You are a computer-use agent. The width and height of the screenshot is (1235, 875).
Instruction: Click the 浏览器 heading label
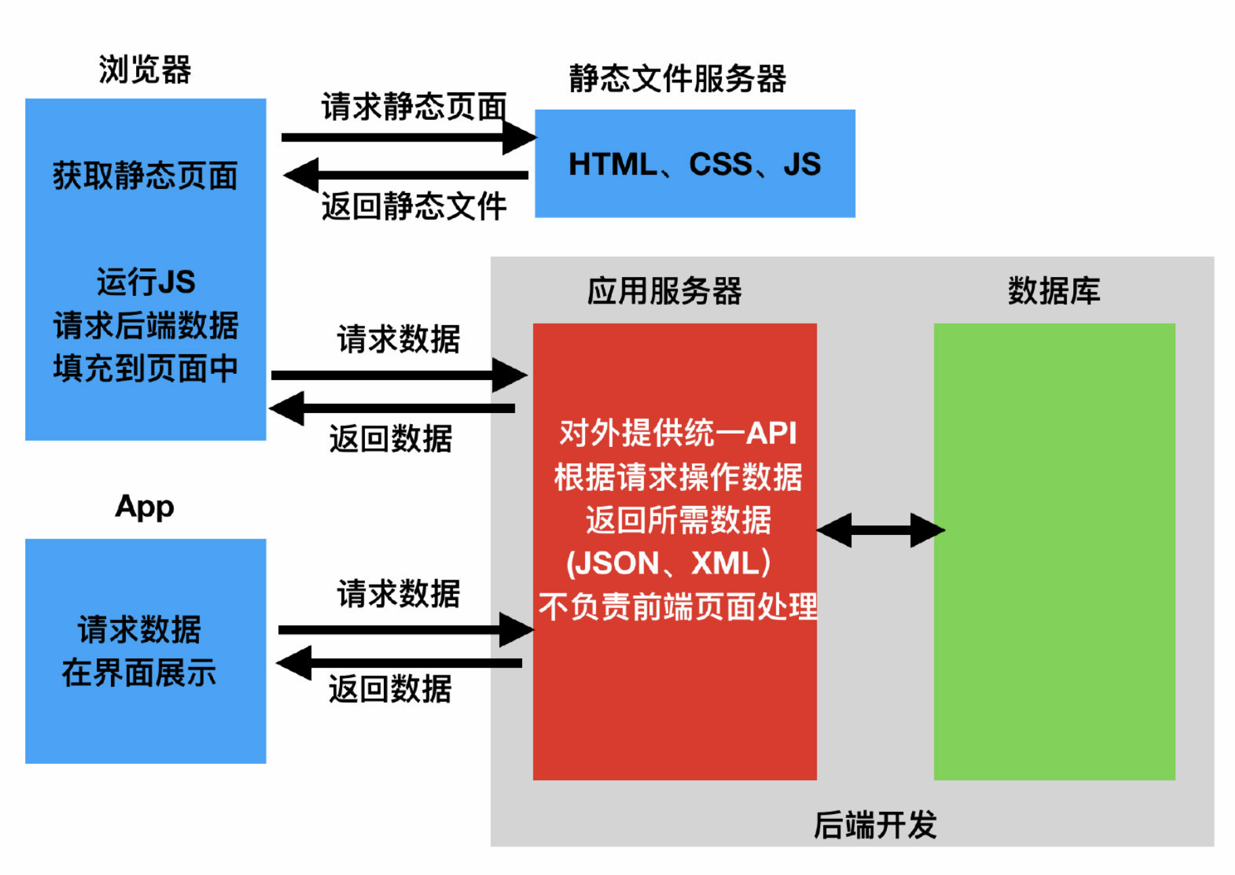click(x=145, y=70)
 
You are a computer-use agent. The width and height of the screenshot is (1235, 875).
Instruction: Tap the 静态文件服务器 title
click(x=677, y=79)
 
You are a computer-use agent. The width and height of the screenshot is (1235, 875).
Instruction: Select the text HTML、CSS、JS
click(x=695, y=164)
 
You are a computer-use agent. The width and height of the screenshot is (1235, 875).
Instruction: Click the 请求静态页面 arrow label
click(x=414, y=107)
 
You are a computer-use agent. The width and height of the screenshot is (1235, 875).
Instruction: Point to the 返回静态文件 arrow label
click(x=414, y=206)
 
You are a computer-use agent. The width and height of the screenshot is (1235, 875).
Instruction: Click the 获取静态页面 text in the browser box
click(x=146, y=176)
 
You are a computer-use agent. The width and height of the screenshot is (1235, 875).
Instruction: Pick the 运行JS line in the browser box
click(x=146, y=282)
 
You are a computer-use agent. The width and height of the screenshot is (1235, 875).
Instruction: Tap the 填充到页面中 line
click(x=146, y=368)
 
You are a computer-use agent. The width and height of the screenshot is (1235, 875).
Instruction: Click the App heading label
click(x=145, y=507)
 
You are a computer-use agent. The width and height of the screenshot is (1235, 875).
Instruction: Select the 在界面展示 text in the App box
click(x=139, y=673)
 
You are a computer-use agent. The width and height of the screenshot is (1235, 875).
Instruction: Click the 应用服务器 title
click(x=664, y=291)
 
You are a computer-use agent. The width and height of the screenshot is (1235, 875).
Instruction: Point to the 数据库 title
click(x=1054, y=291)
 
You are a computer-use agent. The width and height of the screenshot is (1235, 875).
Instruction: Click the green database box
click(x=1054, y=551)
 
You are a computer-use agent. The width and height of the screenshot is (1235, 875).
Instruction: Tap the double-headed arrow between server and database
click(x=881, y=530)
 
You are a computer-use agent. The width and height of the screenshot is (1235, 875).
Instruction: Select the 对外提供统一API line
click(x=678, y=433)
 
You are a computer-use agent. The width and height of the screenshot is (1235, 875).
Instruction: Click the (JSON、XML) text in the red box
click(x=669, y=563)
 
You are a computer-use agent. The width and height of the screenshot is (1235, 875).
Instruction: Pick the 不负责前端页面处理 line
click(x=678, y=607)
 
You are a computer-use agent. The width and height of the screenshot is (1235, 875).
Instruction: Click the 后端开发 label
click(x=875, y=826)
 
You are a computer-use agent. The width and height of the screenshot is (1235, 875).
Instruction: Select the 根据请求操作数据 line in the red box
click(x=678, y=477)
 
